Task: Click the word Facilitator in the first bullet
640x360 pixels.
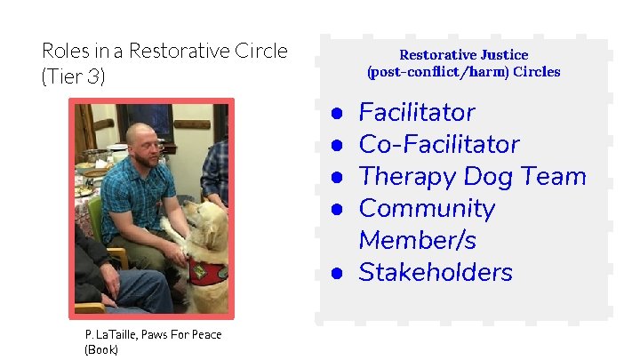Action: click(416, 113)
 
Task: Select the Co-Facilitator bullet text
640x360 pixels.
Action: click(438, 145)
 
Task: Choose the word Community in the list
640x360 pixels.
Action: click(426, 209)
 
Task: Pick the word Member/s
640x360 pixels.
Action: click(417, 241)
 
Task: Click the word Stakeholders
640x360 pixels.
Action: click(435, 273)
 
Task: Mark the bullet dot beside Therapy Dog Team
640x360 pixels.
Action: click(338, 178)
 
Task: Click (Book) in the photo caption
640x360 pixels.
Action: click(100, 349)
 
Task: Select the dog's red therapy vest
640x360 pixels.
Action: click(207, 275)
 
